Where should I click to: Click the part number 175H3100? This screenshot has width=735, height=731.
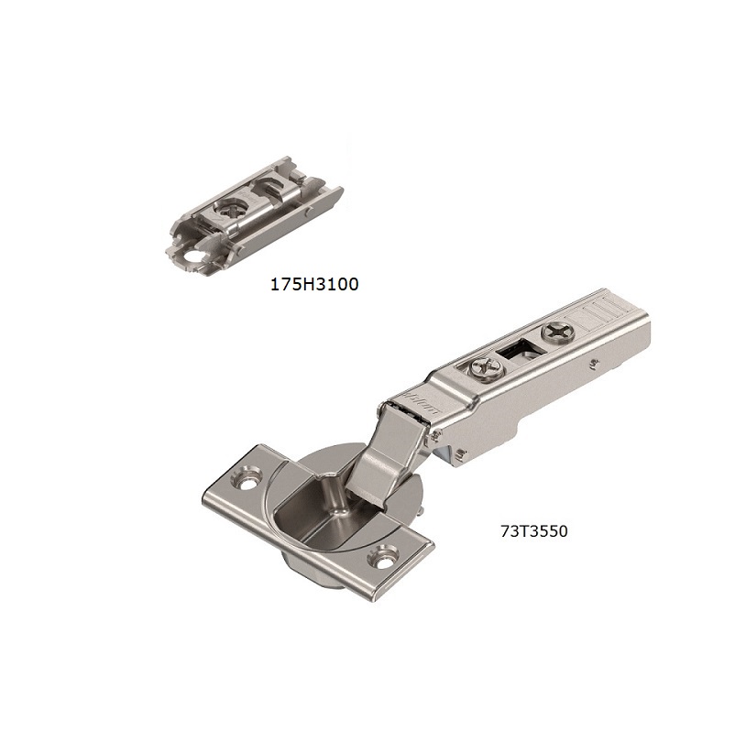pos(313,285)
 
